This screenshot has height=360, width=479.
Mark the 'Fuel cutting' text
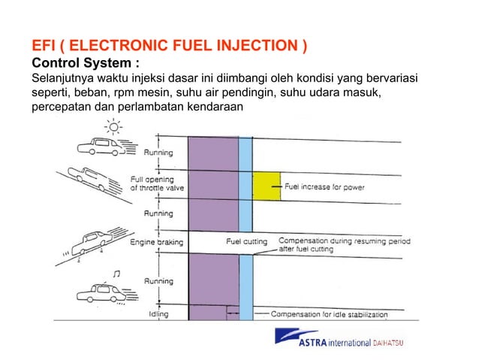pos(249,242)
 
